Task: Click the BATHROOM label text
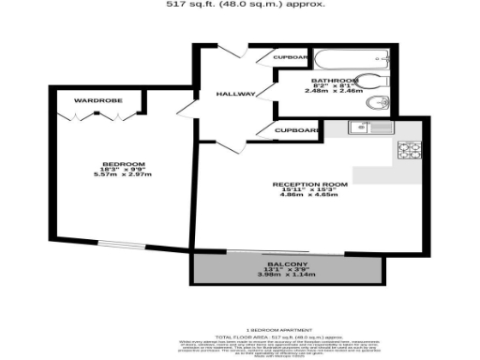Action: click(x=336, y=81)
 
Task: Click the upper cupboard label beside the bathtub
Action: click(x=290, y=57)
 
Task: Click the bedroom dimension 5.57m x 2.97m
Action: click(x=122, y=174)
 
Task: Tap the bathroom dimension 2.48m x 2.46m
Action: click(x=336, y=93)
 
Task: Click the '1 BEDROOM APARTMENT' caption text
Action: click(x=272, y=330)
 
